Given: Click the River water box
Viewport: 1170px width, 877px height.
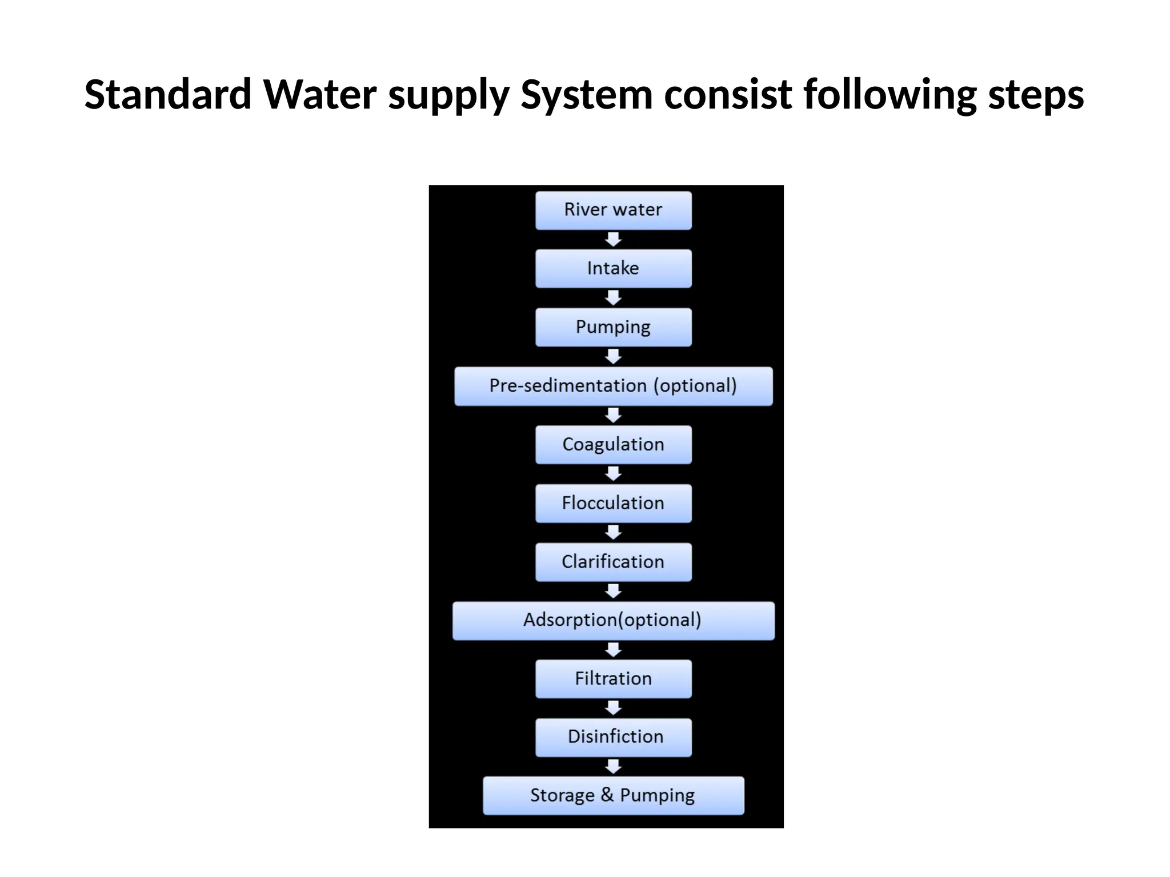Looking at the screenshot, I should pos(613,210).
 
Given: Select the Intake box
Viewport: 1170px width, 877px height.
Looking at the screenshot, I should pos(613,268).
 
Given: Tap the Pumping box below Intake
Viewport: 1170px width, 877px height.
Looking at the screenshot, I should pos(613,327).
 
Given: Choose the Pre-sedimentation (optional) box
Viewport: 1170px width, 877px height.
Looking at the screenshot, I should pos(613,386).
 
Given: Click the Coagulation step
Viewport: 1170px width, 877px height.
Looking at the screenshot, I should pos(613,444).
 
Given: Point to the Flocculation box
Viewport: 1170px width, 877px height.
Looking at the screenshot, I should pos(613,503).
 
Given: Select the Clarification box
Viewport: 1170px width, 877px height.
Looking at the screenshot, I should pos(613,562).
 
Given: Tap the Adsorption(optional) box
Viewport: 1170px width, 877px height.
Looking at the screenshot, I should pos(613,620).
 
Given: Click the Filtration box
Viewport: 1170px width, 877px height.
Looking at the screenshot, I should pos(613,678).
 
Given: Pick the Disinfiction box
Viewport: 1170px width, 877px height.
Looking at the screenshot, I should pos(613,737).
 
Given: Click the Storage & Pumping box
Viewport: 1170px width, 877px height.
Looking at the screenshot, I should pos(613,795).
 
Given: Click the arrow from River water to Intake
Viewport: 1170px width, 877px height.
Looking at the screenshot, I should pos(613,239).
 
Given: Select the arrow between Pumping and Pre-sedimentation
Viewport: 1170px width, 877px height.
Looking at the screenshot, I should pos(613,357).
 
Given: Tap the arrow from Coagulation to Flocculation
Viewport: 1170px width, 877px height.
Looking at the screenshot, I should pos(613,474).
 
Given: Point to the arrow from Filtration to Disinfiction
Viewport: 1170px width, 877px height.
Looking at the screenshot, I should pos(613,708).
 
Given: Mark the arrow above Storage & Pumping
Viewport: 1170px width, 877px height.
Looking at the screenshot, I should pos(613,766).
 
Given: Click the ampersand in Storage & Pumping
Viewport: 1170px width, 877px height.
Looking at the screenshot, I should pos(607,794).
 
